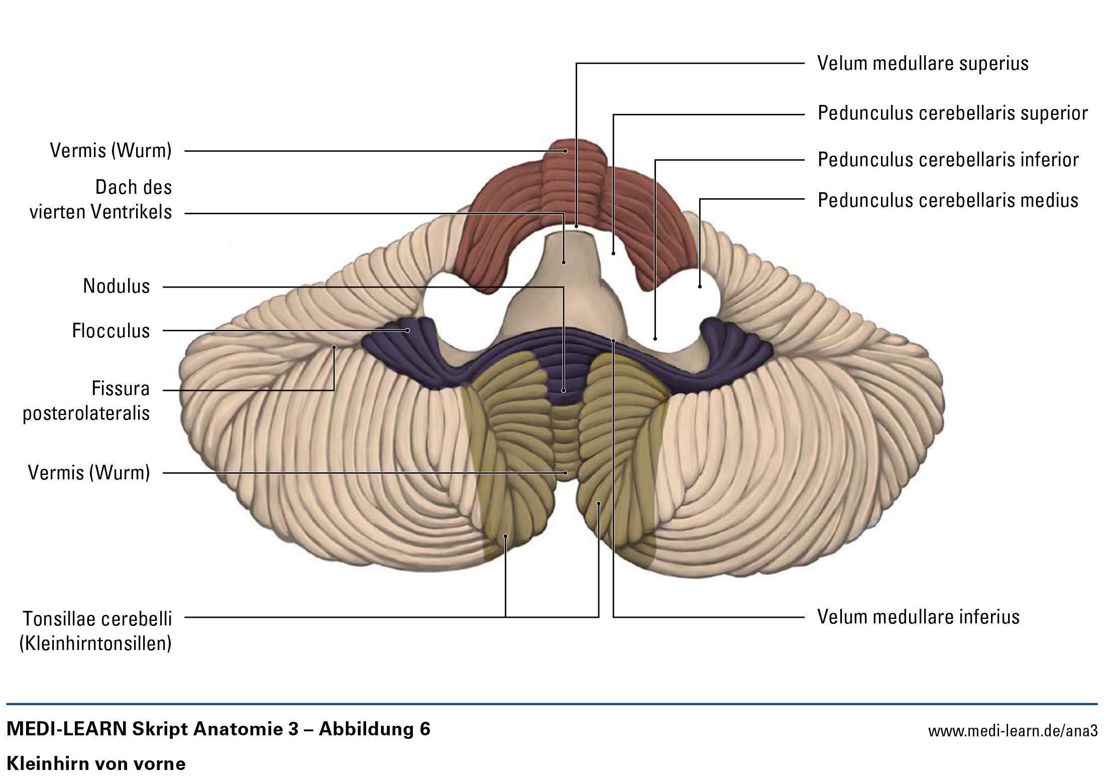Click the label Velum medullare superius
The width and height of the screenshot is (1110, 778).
[923, 64]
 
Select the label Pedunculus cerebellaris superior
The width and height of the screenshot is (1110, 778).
[952, 113]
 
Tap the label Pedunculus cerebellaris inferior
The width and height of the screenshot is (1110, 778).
[948, 160]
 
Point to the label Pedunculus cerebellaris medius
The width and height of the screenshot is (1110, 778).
[948, 200]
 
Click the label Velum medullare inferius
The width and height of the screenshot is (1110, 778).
[918, 617]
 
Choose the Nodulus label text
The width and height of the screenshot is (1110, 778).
[117, 286]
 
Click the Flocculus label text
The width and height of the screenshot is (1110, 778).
[111, 331]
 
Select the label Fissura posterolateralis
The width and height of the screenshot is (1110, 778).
[86, 401]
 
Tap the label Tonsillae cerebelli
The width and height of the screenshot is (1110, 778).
[97, 619]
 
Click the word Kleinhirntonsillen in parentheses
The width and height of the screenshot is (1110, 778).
[95, 643]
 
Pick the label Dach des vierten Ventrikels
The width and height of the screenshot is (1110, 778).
[101, 199]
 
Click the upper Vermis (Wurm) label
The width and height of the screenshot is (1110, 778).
[111, 151]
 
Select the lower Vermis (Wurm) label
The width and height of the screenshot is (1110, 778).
[89, 472]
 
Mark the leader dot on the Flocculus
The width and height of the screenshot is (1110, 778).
[408, 330]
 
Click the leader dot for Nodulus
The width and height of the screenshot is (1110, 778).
[564, 390]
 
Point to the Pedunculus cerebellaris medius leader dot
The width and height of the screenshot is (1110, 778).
[700, 287]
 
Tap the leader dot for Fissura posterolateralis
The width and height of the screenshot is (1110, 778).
[334, 347]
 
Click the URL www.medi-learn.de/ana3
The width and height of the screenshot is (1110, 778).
[1013, 731]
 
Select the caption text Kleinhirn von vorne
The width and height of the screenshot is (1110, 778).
[96, 764]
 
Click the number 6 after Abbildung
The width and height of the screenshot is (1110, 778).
[424, 729]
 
